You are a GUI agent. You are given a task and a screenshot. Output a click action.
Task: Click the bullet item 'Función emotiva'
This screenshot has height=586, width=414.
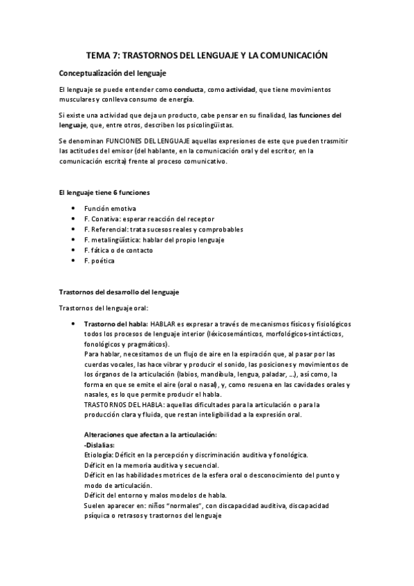click(x=110, y=208)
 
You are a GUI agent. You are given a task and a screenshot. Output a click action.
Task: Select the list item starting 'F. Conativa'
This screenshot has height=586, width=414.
click(x=149, y=218)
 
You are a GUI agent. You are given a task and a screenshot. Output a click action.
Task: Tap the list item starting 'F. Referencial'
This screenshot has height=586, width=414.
click(x=162, y=229)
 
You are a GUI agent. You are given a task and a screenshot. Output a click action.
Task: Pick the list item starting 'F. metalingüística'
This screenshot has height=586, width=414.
click(x=162, y=239)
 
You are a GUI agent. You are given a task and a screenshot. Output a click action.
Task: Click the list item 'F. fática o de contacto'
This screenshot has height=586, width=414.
click(x=124, y=249)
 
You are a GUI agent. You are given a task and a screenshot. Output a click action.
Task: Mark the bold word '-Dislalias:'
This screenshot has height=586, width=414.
click(x=99, y=444)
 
